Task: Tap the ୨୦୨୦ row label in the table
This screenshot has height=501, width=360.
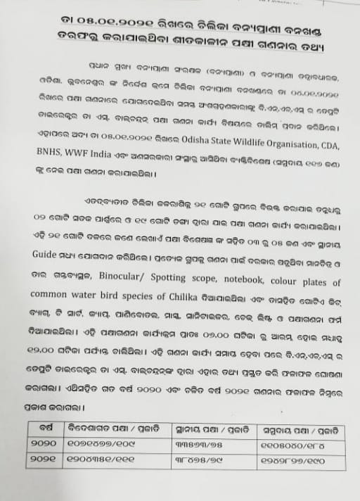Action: pyautogui.click(x=44, y=444)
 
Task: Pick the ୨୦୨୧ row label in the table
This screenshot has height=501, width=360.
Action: pyautogui.click(x=44, y=459)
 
